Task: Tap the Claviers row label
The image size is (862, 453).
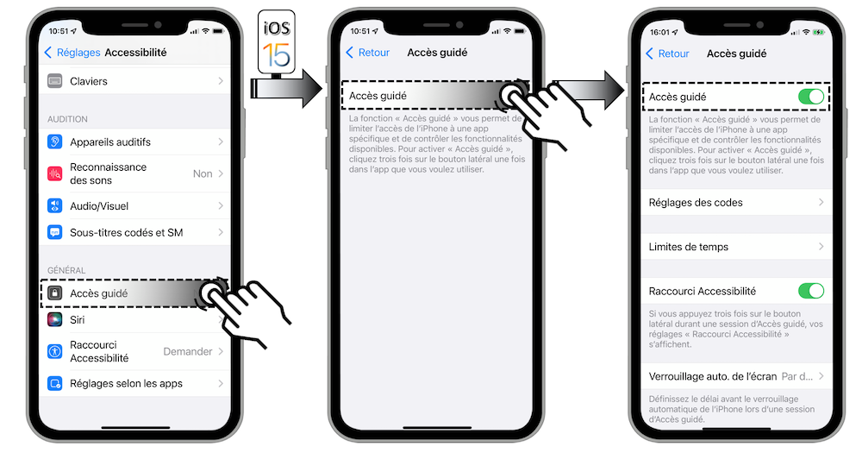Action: click(89, 81)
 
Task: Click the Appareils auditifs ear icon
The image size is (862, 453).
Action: click(55, 142)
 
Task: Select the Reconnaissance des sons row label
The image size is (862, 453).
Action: click(108, 173)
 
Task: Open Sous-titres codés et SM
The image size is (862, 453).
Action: click(126, 232)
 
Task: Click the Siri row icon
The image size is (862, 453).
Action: click(55, 319)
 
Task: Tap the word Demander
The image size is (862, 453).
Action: click(188, 351)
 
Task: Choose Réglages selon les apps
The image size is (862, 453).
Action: click(126, 383)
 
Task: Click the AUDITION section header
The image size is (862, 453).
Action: click(67, 119)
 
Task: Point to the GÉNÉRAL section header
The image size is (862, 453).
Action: click(66, 270)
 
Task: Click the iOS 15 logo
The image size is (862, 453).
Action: click(277, 40)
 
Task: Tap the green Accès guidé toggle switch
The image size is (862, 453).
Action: click(810, 97)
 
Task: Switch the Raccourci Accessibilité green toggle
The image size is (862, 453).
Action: click(810, 291)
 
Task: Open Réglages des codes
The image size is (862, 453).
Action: click(696, 203)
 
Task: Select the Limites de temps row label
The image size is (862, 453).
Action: click(689, 247)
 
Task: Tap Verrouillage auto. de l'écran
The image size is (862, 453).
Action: click(711, 376)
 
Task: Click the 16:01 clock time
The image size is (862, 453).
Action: click(661, 32)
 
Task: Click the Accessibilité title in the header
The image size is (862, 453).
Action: click(135, 53)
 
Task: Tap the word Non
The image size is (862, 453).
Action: click(203, 173)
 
